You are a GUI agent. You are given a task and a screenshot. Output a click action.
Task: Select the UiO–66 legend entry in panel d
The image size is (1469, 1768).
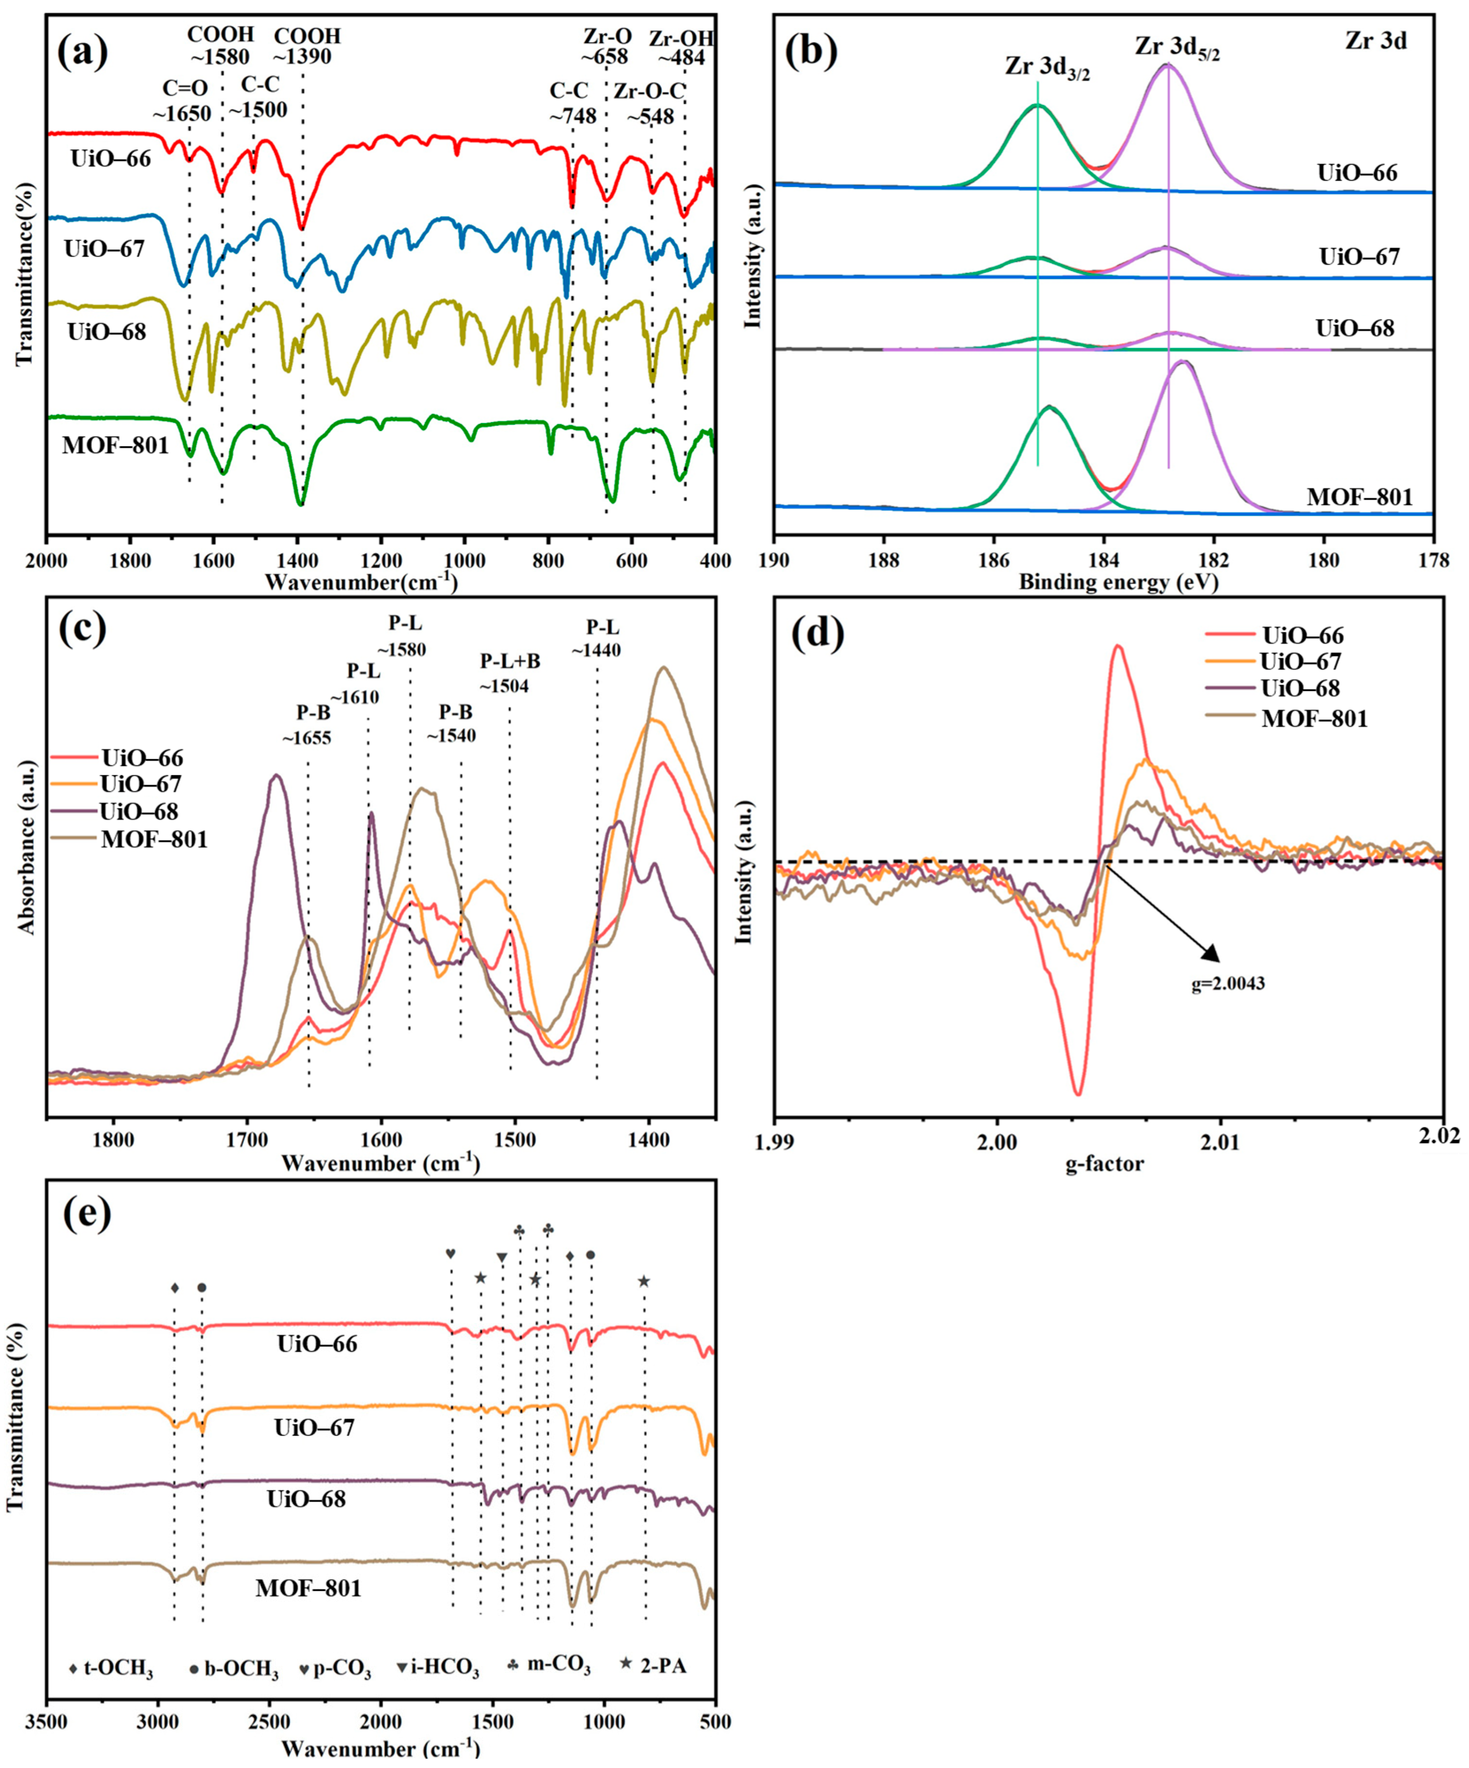(x=1301, y=636)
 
